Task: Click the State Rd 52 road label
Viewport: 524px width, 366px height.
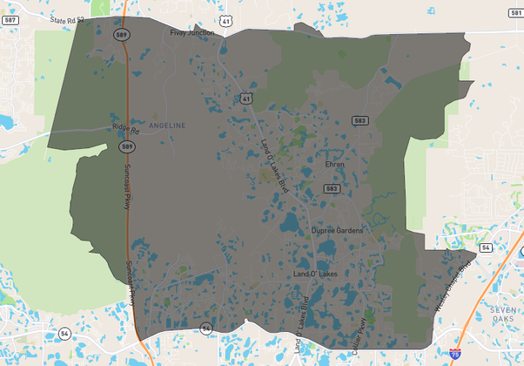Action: (x=67, y=18)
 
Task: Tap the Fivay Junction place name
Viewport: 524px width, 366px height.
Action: (x=192, y=33)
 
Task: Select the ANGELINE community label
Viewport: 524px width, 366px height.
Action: (x=167, y=126)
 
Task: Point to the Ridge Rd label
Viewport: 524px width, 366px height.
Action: (x=125, y=127)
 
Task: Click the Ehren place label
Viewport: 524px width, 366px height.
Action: (x=335, y=164)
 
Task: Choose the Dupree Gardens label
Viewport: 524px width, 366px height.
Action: (x=337, y=231)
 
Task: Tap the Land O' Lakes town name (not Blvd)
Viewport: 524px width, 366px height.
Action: (x=315, y=274)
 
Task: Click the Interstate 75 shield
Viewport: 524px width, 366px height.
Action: (x=456, y=353)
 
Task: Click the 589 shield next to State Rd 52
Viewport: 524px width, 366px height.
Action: (x=121, y=33)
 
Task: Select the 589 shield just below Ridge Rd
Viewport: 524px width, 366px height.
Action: (x=127, y=146)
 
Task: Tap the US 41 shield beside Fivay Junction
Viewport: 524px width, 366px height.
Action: (x=225, y=18)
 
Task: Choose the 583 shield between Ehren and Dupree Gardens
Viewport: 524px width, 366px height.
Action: (x=331, y=188)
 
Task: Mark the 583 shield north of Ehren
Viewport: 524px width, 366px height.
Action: (x=359, y=121)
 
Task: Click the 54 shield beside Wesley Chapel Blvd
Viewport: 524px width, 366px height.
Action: (x=485, y=248)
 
